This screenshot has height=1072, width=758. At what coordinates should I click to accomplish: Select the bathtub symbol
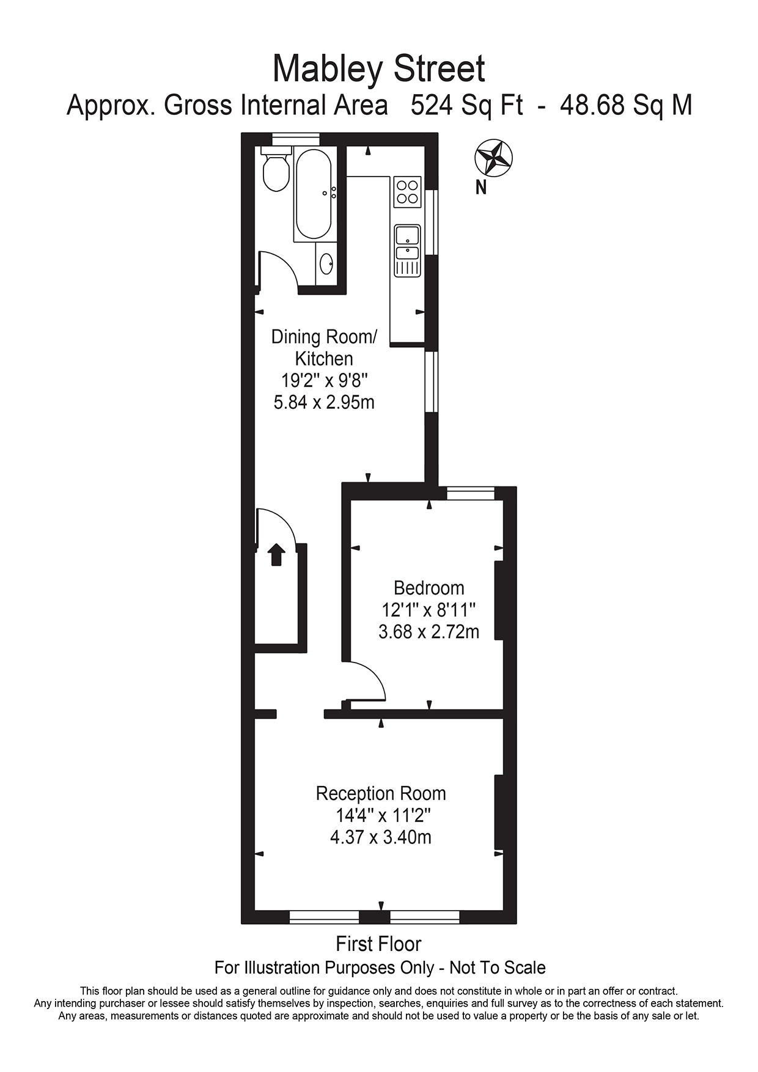314,194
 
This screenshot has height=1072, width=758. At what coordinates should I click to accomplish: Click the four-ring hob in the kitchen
407,191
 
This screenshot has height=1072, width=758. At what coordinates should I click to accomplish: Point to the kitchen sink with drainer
407,250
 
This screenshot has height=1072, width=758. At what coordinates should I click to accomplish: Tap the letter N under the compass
482,188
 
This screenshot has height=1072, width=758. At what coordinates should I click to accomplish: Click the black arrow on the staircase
277,554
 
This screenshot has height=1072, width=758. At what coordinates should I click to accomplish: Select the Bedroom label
429,588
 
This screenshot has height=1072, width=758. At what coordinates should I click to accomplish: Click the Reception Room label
380,793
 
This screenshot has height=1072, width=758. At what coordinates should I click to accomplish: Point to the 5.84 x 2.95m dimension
324,402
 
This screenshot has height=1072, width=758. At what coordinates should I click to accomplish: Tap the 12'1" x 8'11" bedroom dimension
429,610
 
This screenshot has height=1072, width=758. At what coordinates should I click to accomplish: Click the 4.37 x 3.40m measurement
380,837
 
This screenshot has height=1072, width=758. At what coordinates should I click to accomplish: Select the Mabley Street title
378,69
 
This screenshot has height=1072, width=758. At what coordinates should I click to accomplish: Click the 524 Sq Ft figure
467,105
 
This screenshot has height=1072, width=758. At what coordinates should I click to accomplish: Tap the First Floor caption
378,944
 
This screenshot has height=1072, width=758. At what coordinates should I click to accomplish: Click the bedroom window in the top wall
471,493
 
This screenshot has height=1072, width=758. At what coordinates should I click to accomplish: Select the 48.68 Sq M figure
626,105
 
